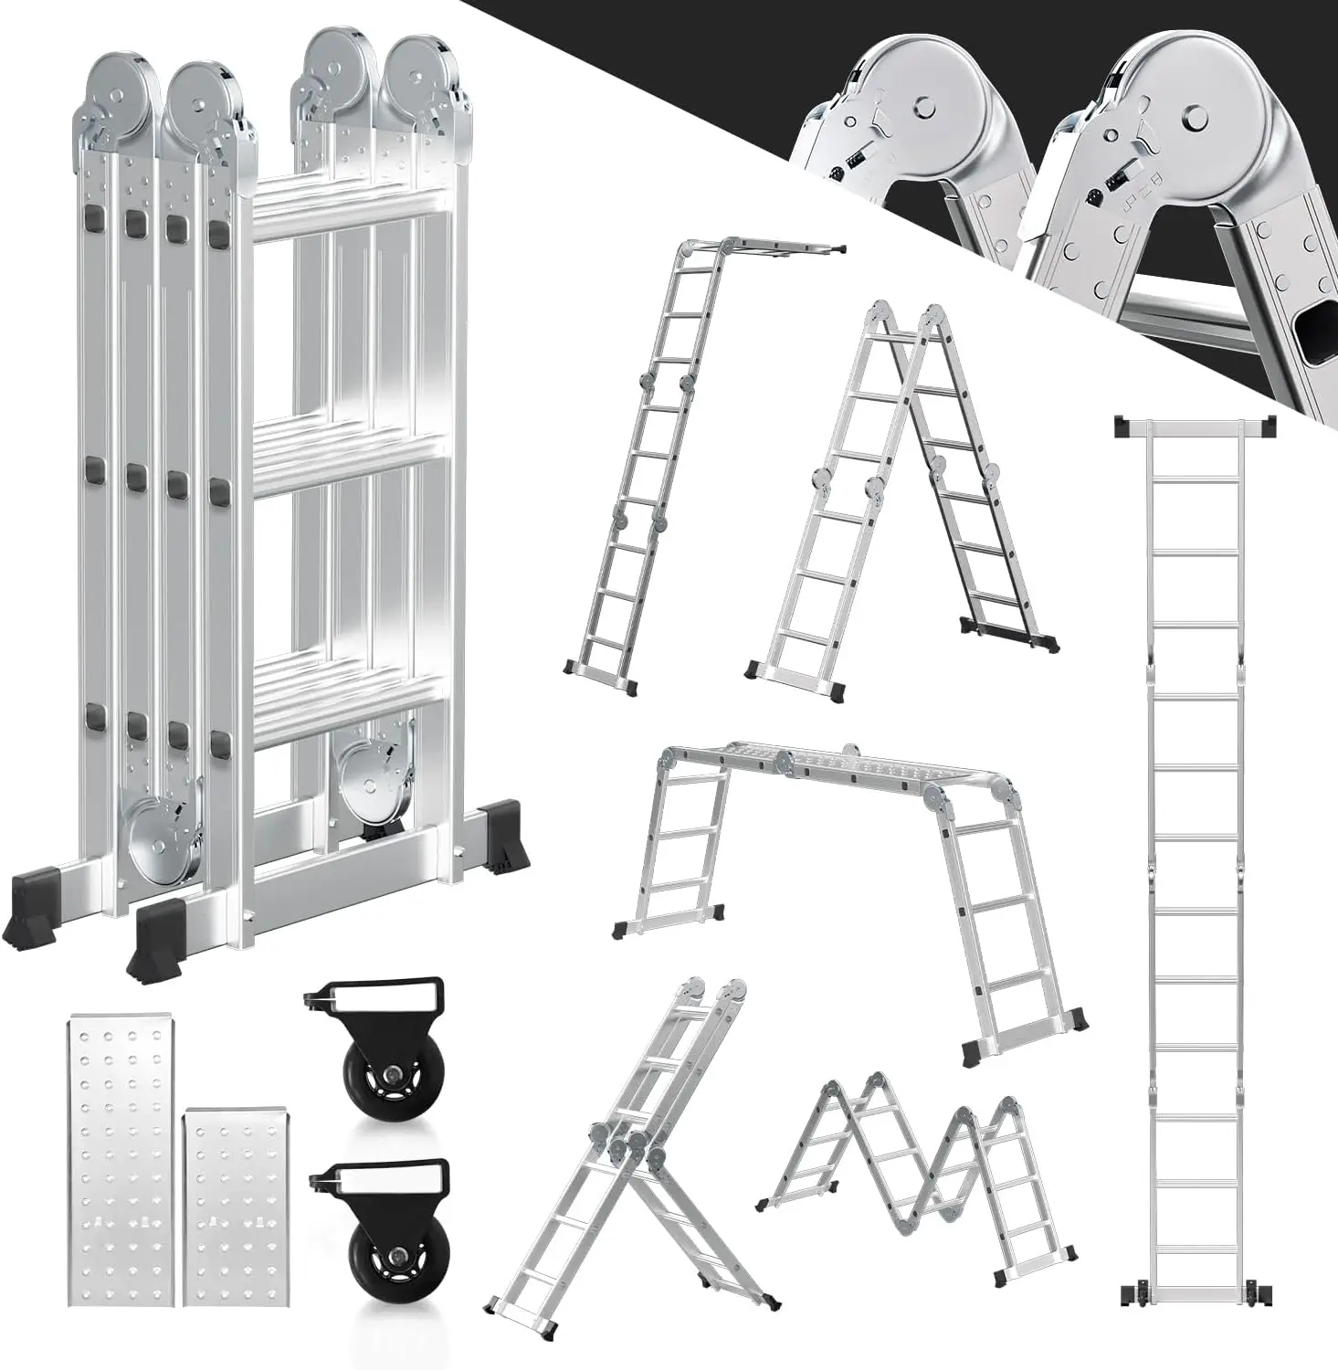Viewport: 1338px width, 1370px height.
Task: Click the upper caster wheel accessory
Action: click(x=376, y=1033)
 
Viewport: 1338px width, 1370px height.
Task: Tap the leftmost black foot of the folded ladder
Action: click(x=30, y=909)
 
